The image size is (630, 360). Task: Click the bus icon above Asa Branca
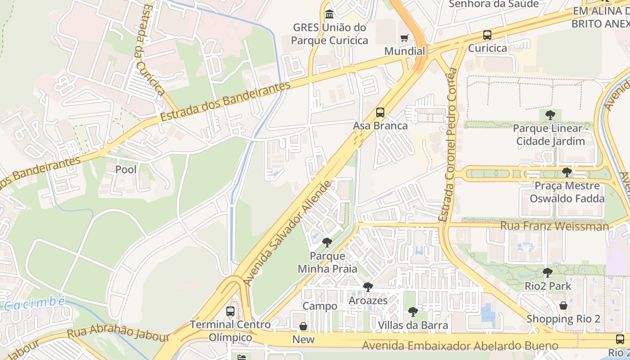(380, 112)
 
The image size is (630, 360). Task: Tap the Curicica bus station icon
(487, 35)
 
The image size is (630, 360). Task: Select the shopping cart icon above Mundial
(405, 38)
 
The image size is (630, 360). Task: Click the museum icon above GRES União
(329, 14)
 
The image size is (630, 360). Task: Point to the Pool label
(126, 170)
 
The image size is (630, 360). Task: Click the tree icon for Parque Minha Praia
(327, 243)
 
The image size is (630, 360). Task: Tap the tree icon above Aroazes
(368, 287)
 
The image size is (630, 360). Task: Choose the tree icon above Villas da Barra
(413, 311)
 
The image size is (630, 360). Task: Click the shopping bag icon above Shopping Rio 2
(563, 306)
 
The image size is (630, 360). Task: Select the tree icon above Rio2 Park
(547, 272)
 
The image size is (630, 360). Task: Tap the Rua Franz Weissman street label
(554, 226)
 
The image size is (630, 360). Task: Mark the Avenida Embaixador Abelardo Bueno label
(460, 346)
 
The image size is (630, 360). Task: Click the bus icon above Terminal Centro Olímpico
(230, 311)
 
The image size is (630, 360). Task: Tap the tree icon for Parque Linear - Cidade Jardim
(550, 115)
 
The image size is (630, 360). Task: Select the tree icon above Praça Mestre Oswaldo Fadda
(567, 172)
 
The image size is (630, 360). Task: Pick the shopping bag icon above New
(303, 326)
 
